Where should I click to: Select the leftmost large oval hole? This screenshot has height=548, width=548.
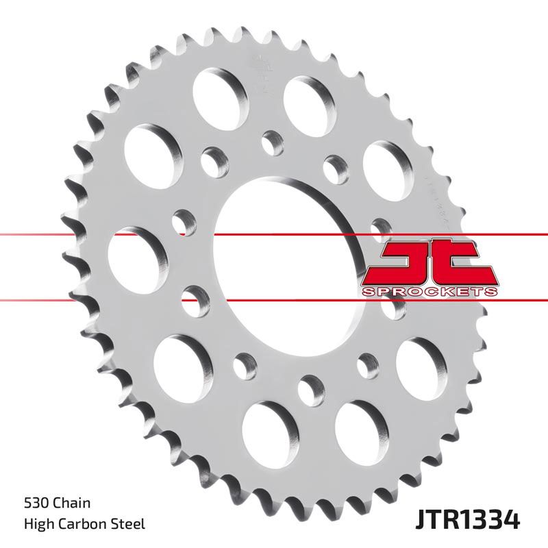click(x=138, y=249)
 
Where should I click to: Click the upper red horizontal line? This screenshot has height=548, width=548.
click(x=103, y=234)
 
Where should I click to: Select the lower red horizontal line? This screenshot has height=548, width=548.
click(x=103, y=299)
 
